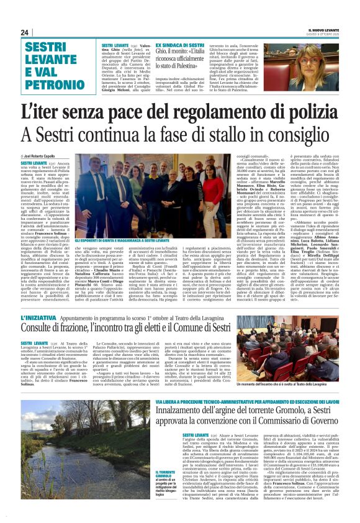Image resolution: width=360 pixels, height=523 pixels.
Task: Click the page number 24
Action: pos(25,32)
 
